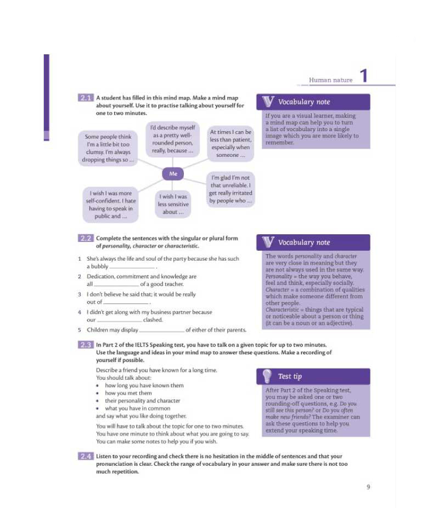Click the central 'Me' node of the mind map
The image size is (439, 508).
(x=173, y=174)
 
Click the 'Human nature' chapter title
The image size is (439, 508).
(x=330, y=80)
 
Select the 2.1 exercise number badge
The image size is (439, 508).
(x=86, y=98)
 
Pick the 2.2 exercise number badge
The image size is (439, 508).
(x=86, y=239)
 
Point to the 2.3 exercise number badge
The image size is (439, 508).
(x=86, y=345)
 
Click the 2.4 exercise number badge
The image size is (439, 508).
(x=86, y=456)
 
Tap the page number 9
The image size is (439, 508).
(x=368, y=487)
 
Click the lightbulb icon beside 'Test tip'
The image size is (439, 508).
(x=267, y=376)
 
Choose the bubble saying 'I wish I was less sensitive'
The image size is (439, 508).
(x=173, y=204)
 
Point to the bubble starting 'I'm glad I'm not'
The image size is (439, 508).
(x=230, y=189)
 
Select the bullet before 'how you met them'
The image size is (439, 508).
(x=98, y=393)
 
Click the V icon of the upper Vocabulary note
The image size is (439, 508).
(x=268, y=101)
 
